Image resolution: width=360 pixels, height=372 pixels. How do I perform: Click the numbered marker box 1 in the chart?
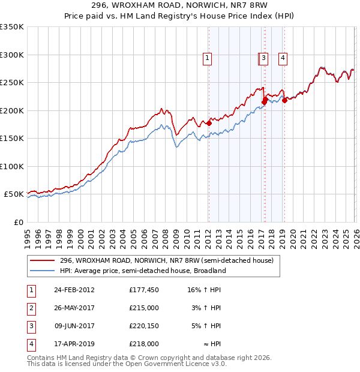coord(207,58)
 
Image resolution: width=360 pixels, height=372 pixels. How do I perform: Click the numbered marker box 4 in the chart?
coord(282,58)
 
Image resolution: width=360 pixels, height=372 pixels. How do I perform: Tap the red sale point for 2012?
coord(209,124)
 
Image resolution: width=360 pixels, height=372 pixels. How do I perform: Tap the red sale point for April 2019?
coord(284,101)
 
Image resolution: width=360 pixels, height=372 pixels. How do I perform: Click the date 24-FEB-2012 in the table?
coord(74,290)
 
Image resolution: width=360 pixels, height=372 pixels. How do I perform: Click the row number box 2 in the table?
coord(31,308)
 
